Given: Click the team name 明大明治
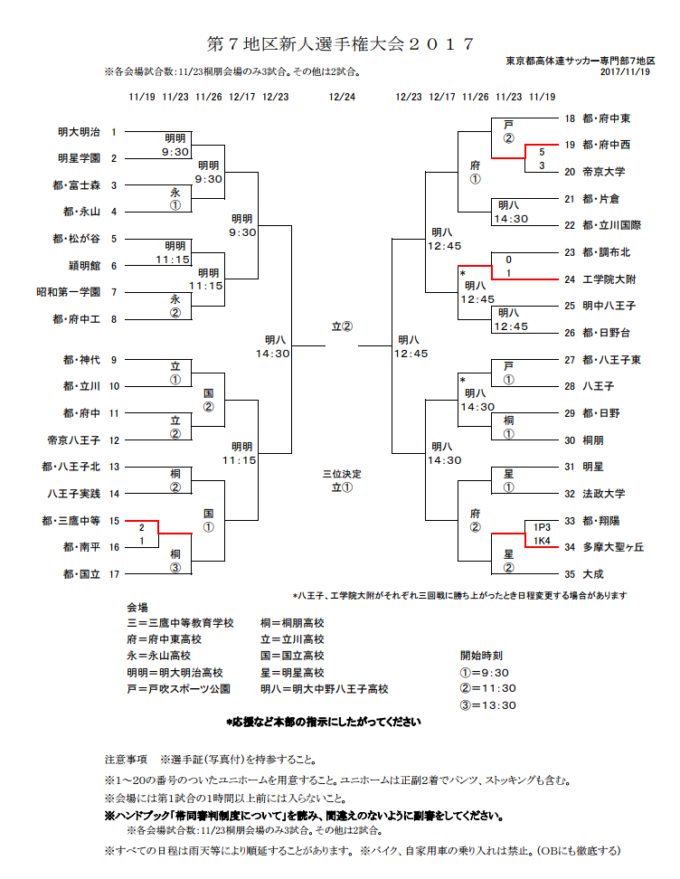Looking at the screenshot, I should coord(77,132).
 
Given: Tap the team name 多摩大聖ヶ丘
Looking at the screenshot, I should coord(613,548).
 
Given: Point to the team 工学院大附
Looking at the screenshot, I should coord(609,279).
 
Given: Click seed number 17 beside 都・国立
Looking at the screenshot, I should coord(115,574).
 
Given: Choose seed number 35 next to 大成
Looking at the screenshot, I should coord(570,574).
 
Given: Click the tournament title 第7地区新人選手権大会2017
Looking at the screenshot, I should coord(340,44).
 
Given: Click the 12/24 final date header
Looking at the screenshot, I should coord(342,97).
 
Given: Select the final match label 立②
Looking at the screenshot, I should coord(342,326).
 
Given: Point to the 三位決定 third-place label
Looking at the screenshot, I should coord(341,473).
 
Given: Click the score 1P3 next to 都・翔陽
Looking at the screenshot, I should coord(542,526).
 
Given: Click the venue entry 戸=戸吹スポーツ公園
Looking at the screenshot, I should coord(179,689).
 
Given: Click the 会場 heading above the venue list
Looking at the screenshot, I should coord(137,607).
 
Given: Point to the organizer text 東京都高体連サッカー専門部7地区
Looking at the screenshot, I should coord(579,60).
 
